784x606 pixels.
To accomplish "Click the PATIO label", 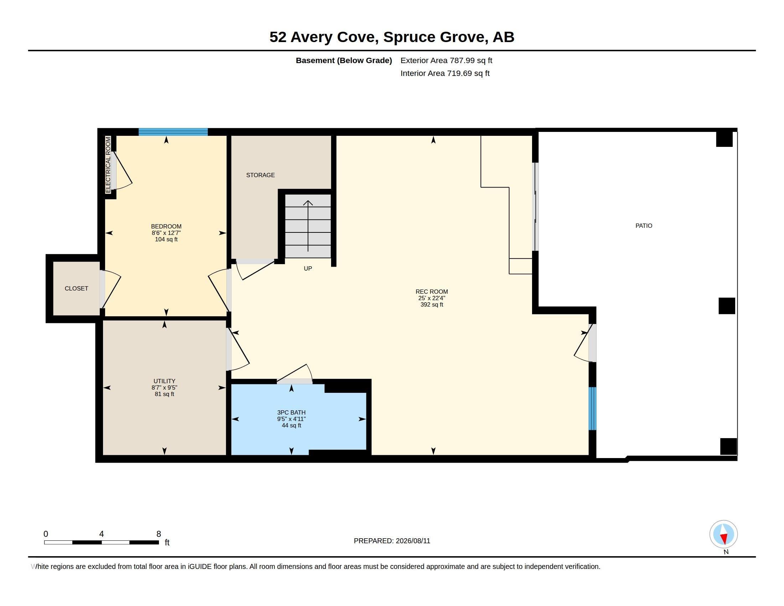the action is pyautogui.click(x=644, y=226).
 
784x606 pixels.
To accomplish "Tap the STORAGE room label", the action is pyautogui.click(x=260, y=175).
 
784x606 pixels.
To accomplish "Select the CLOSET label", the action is pyautogui.click(x=76, y=289).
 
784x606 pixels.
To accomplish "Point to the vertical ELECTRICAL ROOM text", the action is pyautogui.click(x=108, y=165).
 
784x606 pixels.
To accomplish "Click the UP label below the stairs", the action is pyautogui.click(x=308, y=268).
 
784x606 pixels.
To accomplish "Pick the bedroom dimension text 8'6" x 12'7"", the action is pyautogui.click(x=166, y=233).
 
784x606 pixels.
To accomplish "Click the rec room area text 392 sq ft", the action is pyautogui.click(x=432, y=305).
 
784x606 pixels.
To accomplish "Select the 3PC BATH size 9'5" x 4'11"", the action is pyautogui.click(x=291, y=419).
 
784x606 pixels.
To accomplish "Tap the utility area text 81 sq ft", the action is pyautogui.click(x=164, y=394).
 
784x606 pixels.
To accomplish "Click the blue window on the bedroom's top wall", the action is pyautogui.click(x=173, y=132).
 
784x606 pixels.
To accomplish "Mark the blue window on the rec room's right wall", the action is pyautogui.click(x=592, y=409).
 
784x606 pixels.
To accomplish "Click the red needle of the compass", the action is pyautogui.click(x=724, y=539).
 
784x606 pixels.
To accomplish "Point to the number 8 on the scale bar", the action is pyautogui.click(x=159, y=534).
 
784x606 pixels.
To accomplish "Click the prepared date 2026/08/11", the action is pyautogui.click(x=413, y=541).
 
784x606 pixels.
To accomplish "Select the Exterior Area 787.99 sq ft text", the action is pyautogui.click(x=446, y=61).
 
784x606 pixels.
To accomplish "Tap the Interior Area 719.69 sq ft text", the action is pyautogui.click(x=445, y=73).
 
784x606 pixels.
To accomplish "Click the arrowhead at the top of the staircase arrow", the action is pyautogui.click(x=308, y=203).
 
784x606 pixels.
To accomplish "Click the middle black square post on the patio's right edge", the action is pyautogui.click(x=727, y=306).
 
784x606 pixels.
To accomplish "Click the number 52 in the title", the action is pyautogui.click(x=278, y=37).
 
